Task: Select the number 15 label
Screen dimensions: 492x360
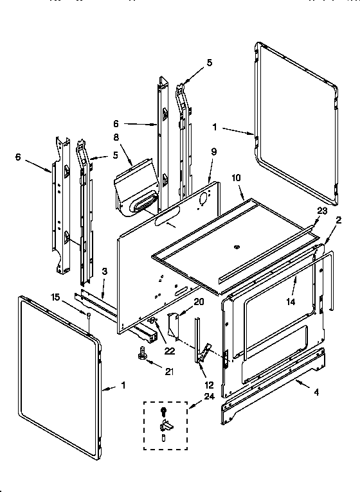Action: pyautogui.click(x=56, y=296)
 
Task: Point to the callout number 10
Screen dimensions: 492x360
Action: pyautogui.click(x=235, y=177)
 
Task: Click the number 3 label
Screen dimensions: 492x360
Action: pyautogui.click(x=103, y=272)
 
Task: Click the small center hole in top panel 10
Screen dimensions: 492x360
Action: pyautogui.click(x=237, y=246)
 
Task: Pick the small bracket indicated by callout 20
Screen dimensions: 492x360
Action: pyautogui.click(x=172, y=324)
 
